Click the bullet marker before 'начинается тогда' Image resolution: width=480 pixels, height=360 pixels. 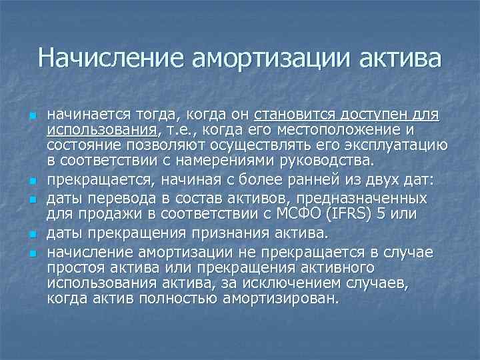click(31, 116)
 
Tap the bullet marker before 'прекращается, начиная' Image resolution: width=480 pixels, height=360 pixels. click(31, 181)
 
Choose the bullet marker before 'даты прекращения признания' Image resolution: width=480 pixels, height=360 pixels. click(31, 235)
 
